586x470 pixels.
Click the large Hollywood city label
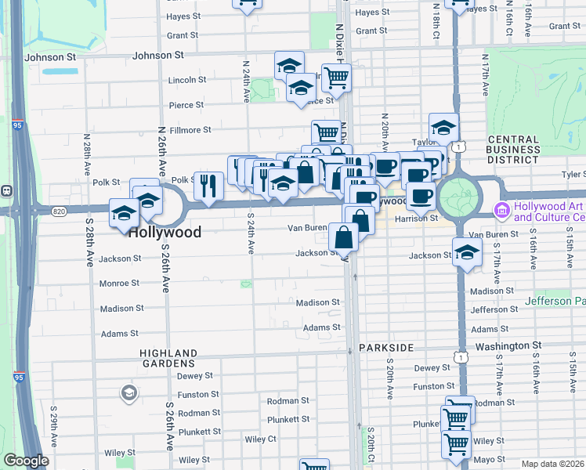tap(165, 233)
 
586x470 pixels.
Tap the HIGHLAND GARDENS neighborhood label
tap(168, 358)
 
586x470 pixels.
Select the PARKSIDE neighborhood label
tap(385, 346)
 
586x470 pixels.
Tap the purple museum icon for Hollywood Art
tap(501, 211)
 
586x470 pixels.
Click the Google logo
tap(26, 461)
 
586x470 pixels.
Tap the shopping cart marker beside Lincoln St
tap(336, 78)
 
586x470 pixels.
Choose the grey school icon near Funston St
tap(128, 392)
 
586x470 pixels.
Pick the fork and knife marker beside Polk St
tap(208, 186)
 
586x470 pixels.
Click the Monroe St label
tap(119, 283)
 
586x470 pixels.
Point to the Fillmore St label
tap(191, 130)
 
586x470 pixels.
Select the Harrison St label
tap(417, 219)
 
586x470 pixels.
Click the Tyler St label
tap(573, 175)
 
